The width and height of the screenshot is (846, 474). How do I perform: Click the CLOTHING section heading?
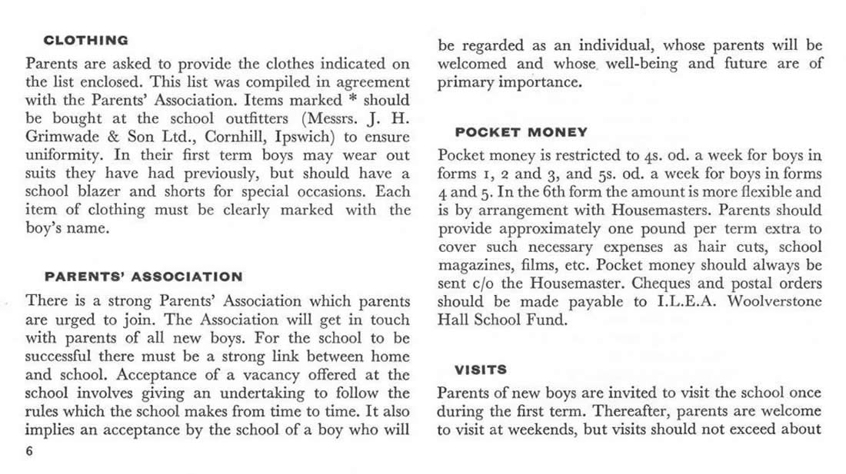point(85,40)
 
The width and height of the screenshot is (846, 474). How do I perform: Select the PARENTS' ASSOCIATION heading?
point(143,277)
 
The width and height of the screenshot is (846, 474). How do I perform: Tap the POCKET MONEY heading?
point(521,132)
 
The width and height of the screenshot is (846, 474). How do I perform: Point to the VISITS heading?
point(480,370)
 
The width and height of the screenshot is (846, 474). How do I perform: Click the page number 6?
point(30,452)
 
